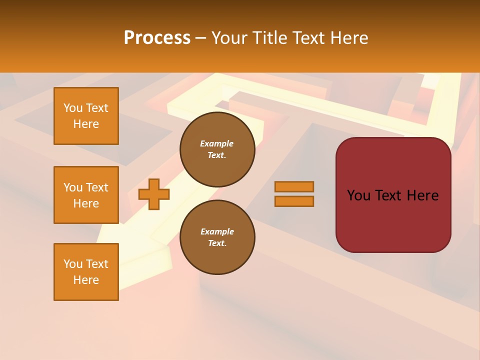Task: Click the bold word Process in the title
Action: pyautogui.click(x=157, y=38)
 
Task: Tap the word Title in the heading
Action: pyautogui.click(x=267, y=38)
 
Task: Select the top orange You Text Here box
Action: pyautogui.click(x=86, y=116)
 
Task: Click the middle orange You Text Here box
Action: pyautogui.click(x=86, y=195)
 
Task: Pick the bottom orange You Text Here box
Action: pyautogui.click(x=86, y=272)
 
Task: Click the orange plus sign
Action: pyautogui.click(x=154, y=194)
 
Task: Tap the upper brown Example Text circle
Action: pyautogui.click(x=217, y=149)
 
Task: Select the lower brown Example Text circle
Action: pyautogui.click(x=217, y=237)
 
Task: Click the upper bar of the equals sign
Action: pyautogui.click(x=294, y=186)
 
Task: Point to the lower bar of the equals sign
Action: pyautogui.click(x=294, y=201)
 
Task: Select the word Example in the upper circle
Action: pyautogui.click(x=217, y=143)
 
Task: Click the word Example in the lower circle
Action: pyautogui.click(x=217, y=231)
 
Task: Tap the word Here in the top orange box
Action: pyautogui.click(x=86, y=124)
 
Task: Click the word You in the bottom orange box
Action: pyautogui.click(x=73, y=264)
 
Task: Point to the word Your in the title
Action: pyautogui.click(x=230, y=38)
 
